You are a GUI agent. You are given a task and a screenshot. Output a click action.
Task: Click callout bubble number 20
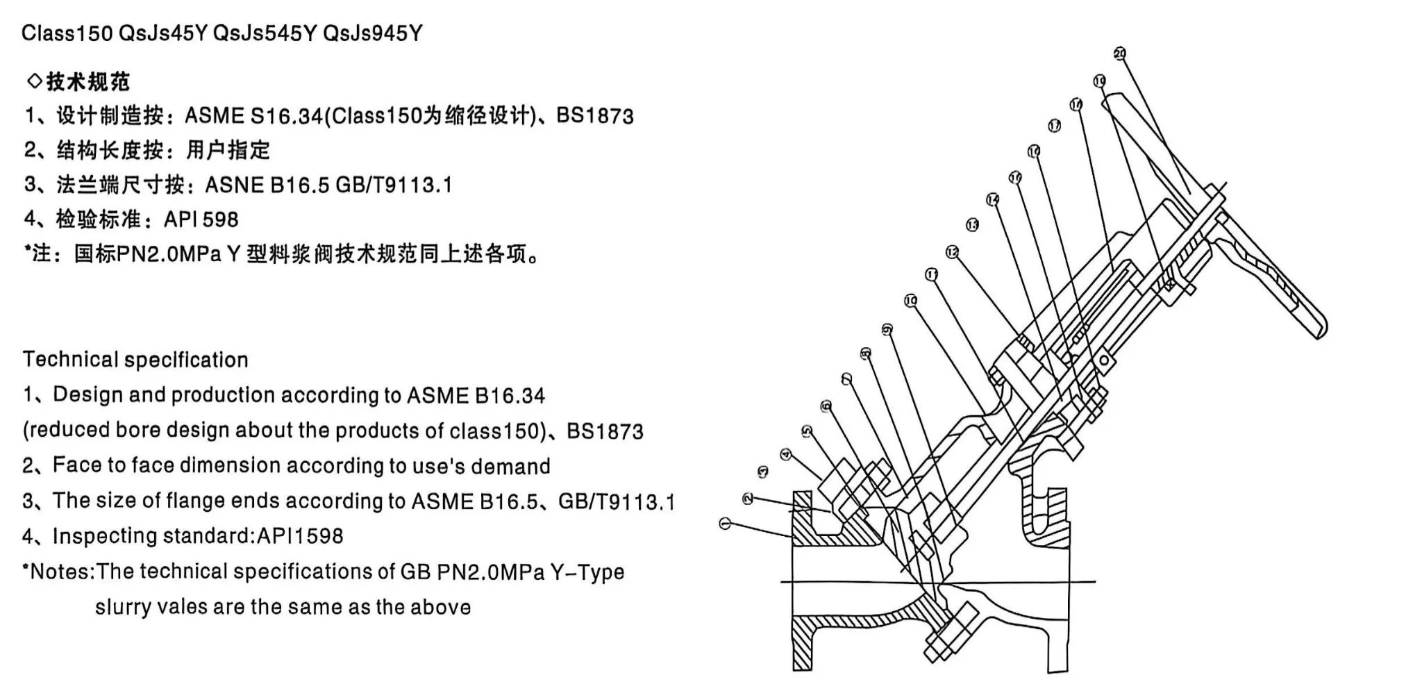coord(1119,53)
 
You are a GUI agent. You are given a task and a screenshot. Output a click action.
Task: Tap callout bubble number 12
coord(952,251)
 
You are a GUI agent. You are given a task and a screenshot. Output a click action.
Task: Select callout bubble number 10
coord(911,301)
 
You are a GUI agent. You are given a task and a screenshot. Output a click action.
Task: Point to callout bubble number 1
coord(726,524)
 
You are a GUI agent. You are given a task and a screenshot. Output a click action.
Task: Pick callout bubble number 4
coord(785,454)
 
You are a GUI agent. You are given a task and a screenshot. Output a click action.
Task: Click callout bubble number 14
coord(993,200)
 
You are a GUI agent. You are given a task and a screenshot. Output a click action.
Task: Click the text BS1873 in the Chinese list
coord(595,115)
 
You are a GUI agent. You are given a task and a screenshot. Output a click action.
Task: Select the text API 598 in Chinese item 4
coord(201,219)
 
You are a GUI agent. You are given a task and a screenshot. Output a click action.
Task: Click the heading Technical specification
coord(135,360)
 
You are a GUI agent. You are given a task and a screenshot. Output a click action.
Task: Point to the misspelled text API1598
coord(300,536)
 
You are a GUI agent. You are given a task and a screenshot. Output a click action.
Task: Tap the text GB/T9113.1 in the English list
coord(616,501)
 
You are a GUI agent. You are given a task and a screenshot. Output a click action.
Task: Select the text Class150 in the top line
coord(67,33)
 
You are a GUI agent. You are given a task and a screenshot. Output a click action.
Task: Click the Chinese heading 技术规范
coord(87,82)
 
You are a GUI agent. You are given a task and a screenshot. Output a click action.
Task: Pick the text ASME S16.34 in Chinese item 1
coord(253,115)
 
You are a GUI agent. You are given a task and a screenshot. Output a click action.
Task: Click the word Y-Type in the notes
coord(587,572)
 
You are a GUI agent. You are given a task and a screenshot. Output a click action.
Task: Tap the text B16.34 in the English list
coord(510,396)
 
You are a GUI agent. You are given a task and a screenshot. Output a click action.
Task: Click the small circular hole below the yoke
coord(1103,360)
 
